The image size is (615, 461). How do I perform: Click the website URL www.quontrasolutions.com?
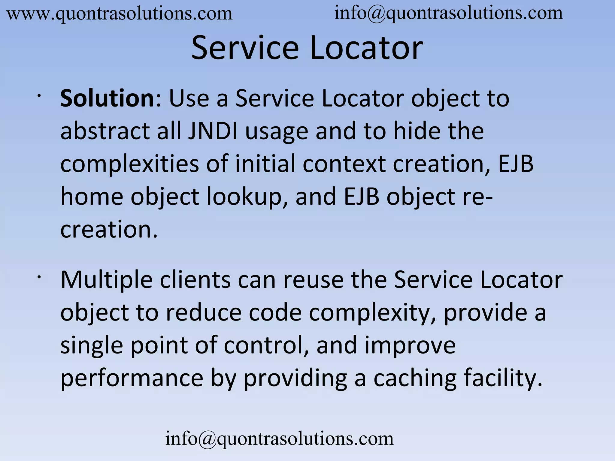(x=120, y=14)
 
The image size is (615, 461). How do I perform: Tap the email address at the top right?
(x=449, y=14)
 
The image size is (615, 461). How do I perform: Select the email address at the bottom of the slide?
(x=279, y=439)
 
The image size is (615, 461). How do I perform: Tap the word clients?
(x=195, y=280)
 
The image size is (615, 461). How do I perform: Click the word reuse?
(x=313, y=280)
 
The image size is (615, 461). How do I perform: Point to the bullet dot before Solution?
(x=39, y=96)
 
